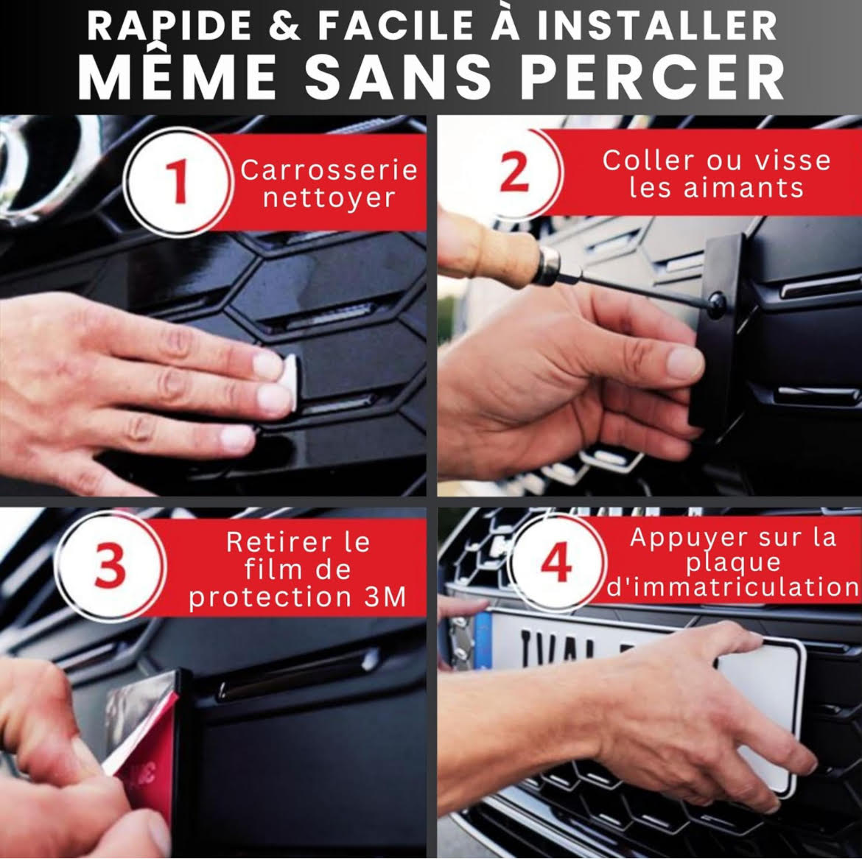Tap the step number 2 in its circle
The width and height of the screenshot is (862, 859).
click(514, 172)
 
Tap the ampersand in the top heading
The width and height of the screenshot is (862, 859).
click(285, 25)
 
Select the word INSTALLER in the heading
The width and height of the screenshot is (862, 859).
click(657, 25)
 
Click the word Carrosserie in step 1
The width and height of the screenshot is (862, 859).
click(329, 170)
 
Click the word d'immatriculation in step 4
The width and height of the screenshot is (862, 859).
click(733, 586)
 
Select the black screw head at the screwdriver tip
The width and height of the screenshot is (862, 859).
click(717, 304)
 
